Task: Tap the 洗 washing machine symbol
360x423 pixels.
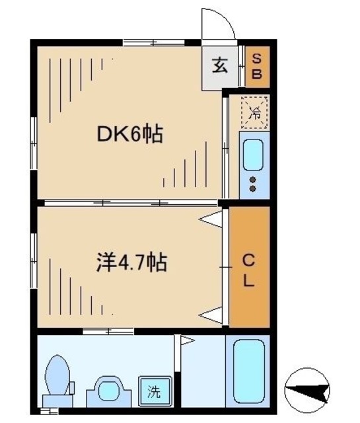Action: coord(153,390)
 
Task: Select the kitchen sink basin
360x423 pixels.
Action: coord(253,156)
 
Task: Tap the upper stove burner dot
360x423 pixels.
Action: coord(252,180)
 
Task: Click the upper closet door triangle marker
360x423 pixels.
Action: coord(213,219)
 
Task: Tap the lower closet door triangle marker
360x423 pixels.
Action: coord(213,315)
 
